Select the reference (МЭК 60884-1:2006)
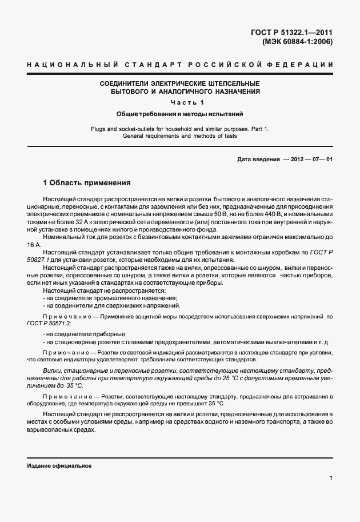tap(297, 41)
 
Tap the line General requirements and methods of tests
tap(180, 136)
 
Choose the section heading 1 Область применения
tap(87, 184)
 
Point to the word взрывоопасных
tap(60, 429)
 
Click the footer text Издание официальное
tap(59, 466)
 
